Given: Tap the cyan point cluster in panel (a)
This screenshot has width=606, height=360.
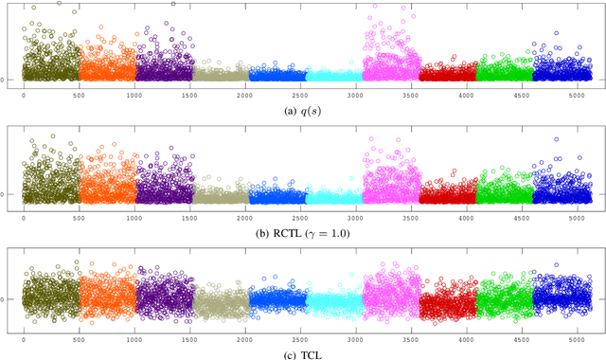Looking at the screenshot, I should [x=333, y=75].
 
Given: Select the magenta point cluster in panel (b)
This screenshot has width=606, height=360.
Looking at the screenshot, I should [x=390, y=180].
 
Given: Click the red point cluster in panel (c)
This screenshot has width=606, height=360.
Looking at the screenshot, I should [x=446, y=303].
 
